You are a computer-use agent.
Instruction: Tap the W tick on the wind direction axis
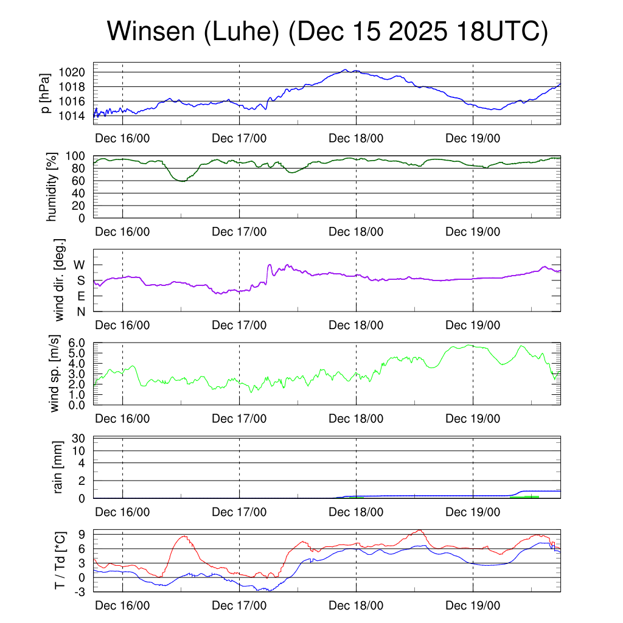[x=80, y=265]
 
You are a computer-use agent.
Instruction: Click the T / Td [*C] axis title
[x=60, y=561]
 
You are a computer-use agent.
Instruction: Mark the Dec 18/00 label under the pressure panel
[x=357, y=138]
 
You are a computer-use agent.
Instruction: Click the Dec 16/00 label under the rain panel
[x=123, y=512]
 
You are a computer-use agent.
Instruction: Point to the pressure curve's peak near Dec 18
[x=345, y=70]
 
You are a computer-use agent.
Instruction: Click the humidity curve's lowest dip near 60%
[x=181, y=181]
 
